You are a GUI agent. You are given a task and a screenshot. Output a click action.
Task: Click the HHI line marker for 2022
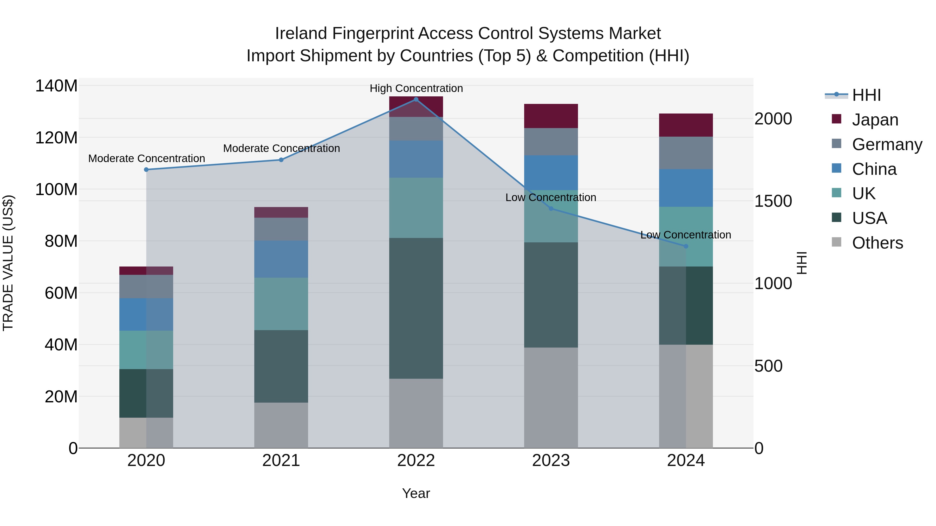pos(416,99)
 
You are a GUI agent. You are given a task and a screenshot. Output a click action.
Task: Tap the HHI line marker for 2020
pos(146,170)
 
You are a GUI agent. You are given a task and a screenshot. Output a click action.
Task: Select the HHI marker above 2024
pos(686,246)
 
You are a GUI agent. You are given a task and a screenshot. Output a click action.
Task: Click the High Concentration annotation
pos(416,88)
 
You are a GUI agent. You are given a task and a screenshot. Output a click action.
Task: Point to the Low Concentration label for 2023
pos(550,197)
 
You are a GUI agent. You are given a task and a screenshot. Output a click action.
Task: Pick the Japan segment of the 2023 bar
pos(551,116)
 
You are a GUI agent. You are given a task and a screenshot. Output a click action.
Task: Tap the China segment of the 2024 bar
pos(686,188)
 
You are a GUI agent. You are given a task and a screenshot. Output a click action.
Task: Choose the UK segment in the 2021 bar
pos(281,304)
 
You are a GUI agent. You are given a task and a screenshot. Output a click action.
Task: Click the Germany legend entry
pos(887,144)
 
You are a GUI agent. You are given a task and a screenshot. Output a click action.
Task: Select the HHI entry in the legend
pos(866,95)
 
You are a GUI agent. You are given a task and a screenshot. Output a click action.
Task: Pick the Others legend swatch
pos(836,242)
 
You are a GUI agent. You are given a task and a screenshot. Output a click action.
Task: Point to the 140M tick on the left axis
pos(56,86)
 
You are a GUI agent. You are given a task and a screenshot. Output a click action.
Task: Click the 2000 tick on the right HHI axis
pos(773,119)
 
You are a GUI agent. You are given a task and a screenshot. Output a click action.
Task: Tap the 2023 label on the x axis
pos(551,461)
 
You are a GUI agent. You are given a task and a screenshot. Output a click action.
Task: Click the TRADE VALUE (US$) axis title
pos(8,263)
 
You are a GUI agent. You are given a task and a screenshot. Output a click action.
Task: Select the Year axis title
pos(416,493)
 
